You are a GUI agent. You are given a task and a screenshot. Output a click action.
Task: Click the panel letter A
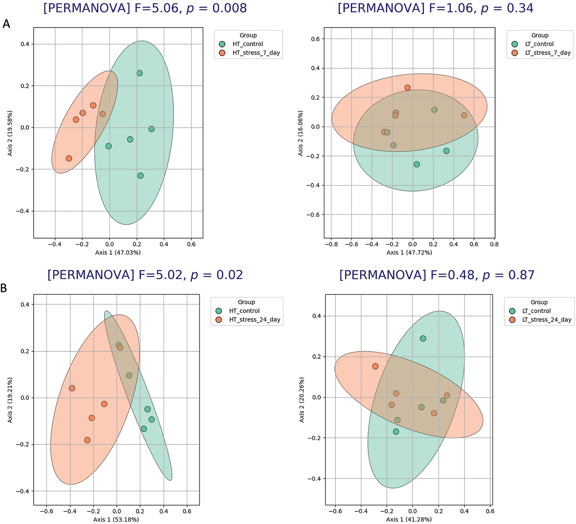click(6, 24)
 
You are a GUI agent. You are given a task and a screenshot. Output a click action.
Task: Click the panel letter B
click(4, 288)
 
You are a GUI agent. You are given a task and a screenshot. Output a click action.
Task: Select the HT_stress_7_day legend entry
click(256, 53)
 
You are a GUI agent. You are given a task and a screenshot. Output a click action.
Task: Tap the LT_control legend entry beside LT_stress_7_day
click(539, 44)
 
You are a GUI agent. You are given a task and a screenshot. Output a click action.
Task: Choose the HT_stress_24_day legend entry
click(254, 320)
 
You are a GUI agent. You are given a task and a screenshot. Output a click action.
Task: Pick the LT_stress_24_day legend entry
click(546, 320)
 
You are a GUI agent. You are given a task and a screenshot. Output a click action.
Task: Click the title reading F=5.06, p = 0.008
click(145, 9)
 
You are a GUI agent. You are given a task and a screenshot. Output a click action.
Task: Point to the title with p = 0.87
click(437, 275)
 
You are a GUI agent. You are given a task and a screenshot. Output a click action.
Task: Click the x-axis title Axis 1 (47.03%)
click(118, 253)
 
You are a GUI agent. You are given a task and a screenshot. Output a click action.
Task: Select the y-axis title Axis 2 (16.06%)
click(300, 133)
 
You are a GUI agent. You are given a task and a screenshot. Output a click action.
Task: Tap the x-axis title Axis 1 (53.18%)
click(116, 520)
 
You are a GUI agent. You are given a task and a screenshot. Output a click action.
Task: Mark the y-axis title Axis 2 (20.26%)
click(302, 400)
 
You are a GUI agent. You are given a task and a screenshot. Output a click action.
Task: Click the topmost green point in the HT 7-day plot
click(140, 73)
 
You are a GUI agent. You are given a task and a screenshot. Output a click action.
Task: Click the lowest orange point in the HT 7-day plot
click(69, 158)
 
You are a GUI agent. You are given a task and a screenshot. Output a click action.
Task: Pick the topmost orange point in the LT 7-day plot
click(408, 88)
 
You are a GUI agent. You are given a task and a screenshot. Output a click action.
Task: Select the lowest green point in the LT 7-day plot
click(417, 164)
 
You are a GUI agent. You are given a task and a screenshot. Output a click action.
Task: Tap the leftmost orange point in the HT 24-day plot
click(72, 388)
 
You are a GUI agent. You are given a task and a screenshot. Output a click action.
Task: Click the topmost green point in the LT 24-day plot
click(423, 339)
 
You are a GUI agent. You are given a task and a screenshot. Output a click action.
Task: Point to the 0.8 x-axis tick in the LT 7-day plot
click(494, 244)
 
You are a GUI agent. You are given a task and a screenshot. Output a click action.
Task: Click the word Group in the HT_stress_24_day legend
click(246, 302)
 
